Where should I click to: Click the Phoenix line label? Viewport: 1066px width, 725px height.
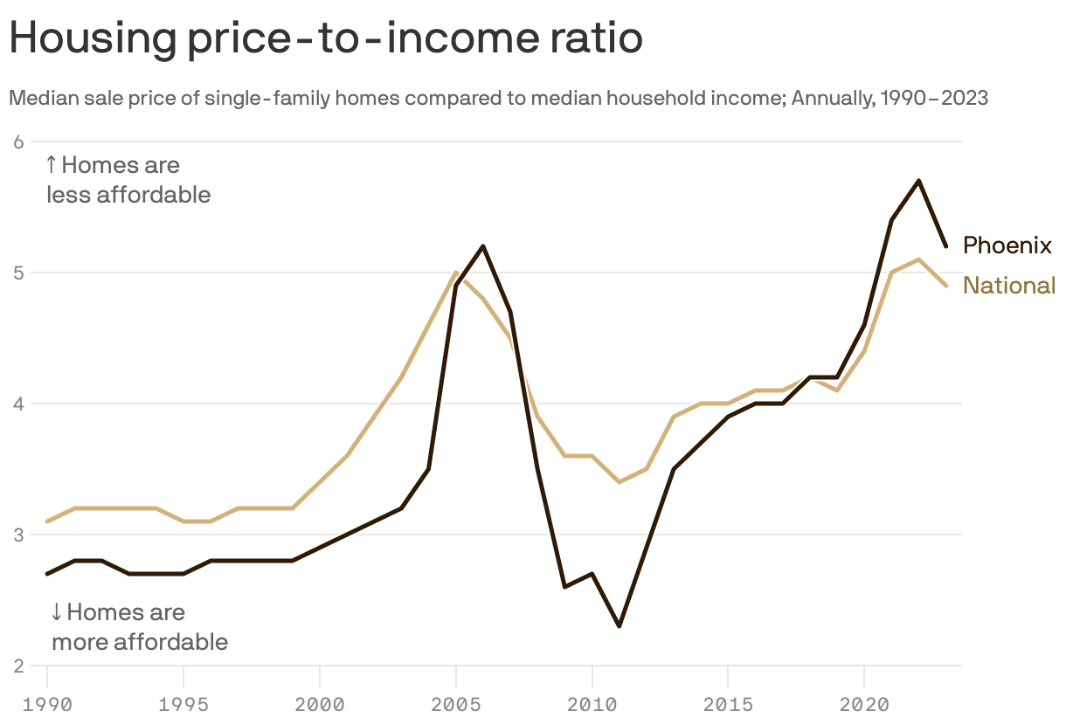[x=1007, y=245]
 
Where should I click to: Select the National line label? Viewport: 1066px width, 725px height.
[x=1009, y=286]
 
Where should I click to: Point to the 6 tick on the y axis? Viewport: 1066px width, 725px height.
[x=16, y=142]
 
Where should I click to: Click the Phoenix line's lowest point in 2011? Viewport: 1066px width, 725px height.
[x=619, y=626]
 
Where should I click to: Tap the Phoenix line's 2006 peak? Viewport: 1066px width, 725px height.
[x=483, y=246]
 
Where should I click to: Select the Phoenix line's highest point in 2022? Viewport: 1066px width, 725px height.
[x=918, y=181]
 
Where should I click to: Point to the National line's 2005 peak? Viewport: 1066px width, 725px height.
[x=456, y=273]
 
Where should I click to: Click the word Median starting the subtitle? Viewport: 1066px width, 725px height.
[x=38, y=98]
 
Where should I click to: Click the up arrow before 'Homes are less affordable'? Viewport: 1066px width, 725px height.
[x=52, y=164]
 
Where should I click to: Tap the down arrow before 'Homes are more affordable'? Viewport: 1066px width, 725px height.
[x=57, y=611]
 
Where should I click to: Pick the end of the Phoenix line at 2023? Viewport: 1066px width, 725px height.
[x=945, y=246]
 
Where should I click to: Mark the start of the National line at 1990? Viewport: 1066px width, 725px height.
[x=47, y=521]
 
